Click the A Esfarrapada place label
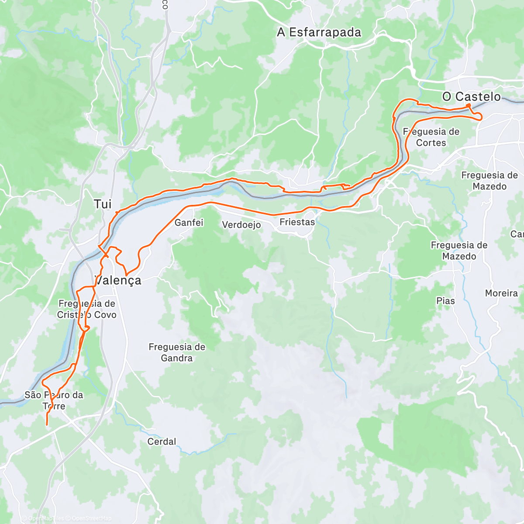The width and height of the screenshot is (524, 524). click(319, 33)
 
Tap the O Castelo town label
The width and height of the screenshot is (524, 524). click(472, 97)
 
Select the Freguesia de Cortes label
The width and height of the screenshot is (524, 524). click(431, 137)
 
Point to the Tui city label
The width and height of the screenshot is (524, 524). click(103, 204)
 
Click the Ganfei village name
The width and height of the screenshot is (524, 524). click(189, 223)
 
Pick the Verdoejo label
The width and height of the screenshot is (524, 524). click(241, 225)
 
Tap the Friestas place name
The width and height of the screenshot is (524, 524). click(297, 222)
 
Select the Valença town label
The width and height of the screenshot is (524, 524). click(118, 280)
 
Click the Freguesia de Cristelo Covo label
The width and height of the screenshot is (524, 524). click(87, 309)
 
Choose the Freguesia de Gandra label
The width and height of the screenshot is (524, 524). click(177, 352)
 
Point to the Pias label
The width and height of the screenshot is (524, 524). click(445, 301)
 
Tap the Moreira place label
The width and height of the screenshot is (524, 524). click(501, 293)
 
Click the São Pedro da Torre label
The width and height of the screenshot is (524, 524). click(54, 400)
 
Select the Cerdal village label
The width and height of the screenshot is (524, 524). click(162, 441)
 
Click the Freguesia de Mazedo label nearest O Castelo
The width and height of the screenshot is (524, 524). click(490, 181)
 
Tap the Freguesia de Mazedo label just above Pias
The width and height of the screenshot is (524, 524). click(459, 251)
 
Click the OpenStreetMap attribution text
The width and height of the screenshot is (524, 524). click(92, 518)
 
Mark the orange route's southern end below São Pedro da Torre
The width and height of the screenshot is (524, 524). click(47, 424)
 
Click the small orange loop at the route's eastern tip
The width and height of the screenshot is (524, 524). click(478, 116)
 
